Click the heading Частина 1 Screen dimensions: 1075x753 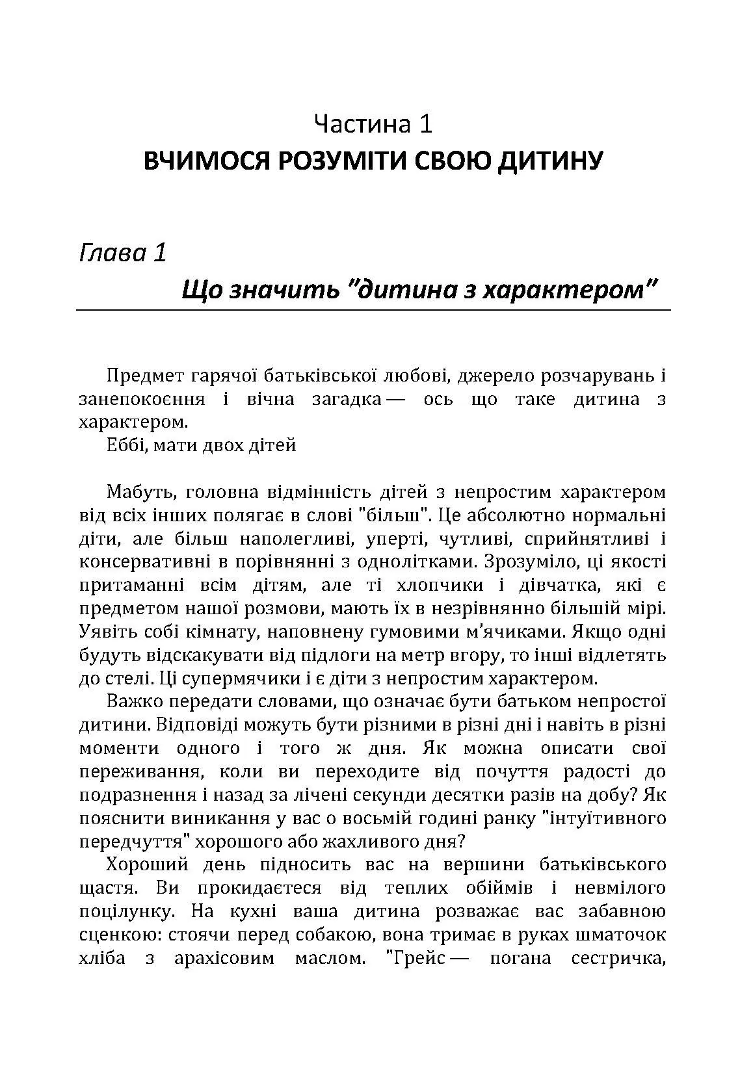[x=373, y=123]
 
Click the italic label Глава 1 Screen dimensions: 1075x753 [x=122, y=252]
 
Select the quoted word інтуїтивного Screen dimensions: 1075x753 [x=602, y=818]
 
